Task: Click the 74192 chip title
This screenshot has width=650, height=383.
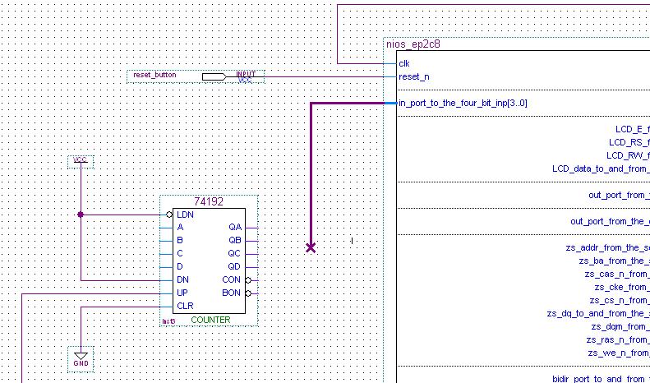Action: coord(209,201)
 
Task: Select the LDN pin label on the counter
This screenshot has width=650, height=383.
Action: coord(185,214)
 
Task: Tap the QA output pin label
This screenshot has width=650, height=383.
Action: coord(235,227)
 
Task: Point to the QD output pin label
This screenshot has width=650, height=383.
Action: coord(235,266)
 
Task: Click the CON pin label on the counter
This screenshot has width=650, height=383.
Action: coord(232,279)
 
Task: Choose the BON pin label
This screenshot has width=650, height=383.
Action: coord(232,293)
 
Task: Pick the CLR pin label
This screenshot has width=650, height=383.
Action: coord(185,306)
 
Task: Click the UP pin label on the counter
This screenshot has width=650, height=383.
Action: coord(182,293)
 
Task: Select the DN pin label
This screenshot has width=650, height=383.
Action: coord(182,279)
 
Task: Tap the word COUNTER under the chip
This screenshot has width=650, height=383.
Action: coord(210,320)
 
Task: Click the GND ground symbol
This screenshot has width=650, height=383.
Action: coord(81,358)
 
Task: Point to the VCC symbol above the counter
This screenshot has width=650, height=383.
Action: coord(80,160)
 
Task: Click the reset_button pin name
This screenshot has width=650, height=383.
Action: coord(154,76)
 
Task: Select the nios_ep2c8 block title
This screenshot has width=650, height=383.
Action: coord(413,44)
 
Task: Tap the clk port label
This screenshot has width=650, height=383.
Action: coord(404,63)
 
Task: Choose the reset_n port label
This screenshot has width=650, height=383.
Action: coord(413,76)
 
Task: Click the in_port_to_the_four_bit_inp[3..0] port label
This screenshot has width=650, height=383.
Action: coord(463,104)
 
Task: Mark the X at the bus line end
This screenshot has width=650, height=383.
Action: coord(311,247)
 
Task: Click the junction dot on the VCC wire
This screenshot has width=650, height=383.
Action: coord(81,215)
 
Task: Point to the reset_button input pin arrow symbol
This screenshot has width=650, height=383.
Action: coord(214,76)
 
